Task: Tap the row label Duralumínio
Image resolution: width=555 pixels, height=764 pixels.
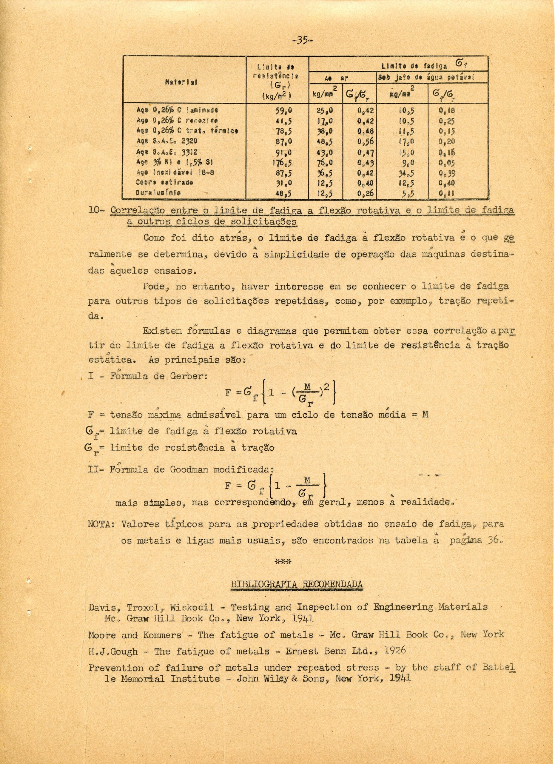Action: click(x=158, y=194)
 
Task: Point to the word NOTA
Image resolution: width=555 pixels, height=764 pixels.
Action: click(x=101, y=524)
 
